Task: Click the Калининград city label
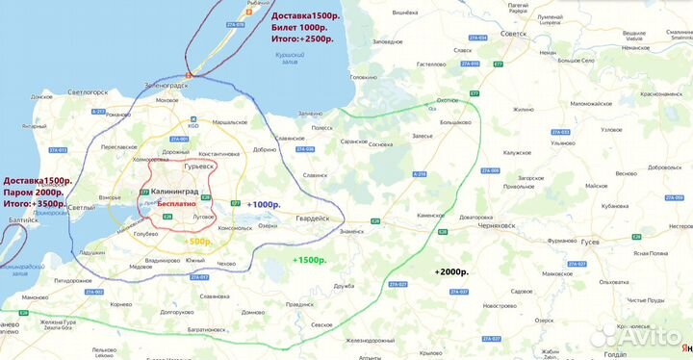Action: coord(181,193)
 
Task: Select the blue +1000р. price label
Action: coord(263,205)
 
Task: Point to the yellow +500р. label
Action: coord(197,242)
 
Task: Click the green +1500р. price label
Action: coord(309,260)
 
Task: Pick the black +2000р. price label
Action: coord(451,271)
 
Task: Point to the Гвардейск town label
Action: coord(312,219)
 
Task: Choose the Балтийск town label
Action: coord(19,220)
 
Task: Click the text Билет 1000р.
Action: coord(301,30)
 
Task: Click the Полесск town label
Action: coord(321,127)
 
